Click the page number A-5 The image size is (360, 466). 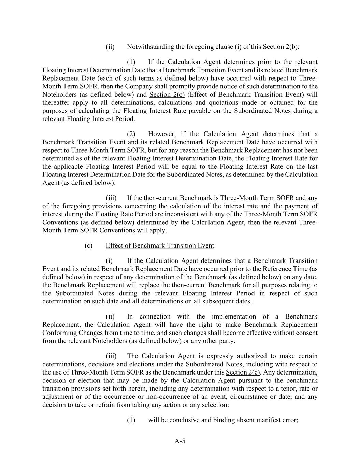coord(180,441)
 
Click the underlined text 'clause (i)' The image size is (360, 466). coord(228,47)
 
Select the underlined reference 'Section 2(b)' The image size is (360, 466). coord(280,47)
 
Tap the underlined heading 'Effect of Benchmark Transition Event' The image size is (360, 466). coord(160,245)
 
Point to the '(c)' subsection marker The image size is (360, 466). coord(88,245)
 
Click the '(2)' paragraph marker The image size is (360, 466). coord(131,134)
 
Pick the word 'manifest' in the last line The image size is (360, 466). coord(262,420)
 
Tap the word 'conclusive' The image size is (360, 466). coord(184,420)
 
